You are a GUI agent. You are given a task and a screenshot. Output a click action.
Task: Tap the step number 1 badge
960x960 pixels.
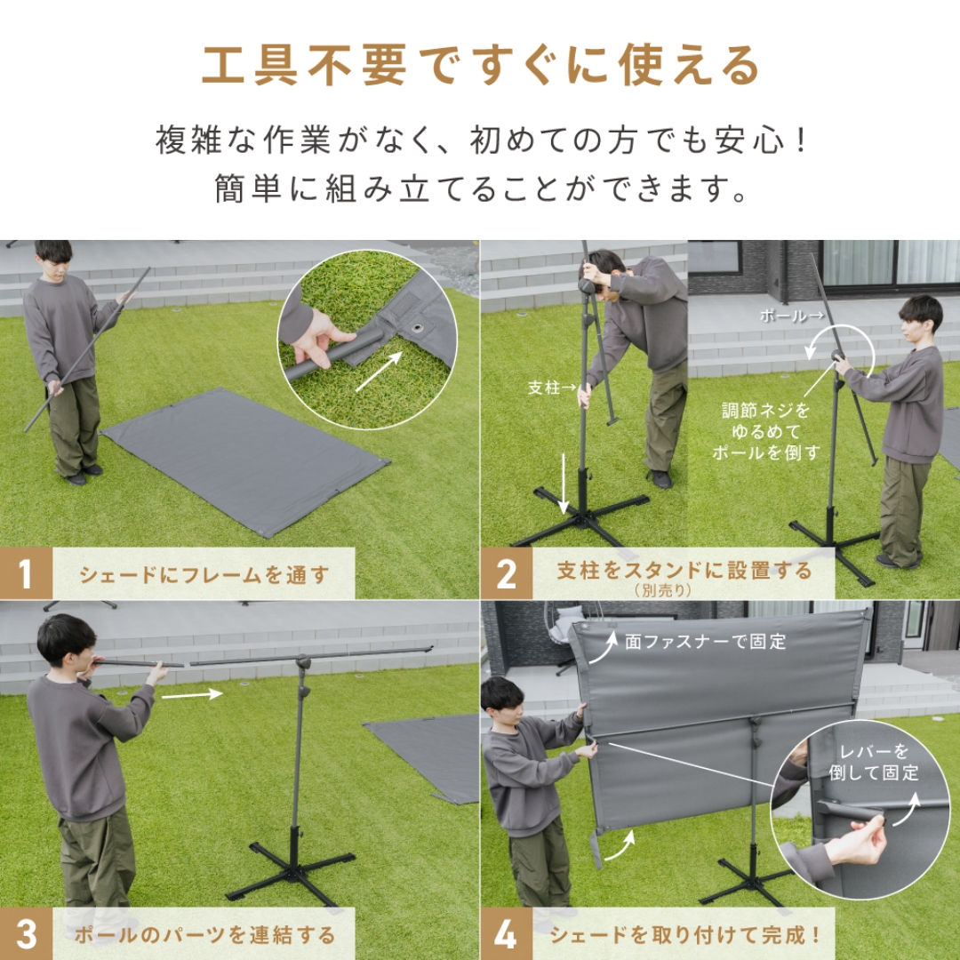(x=26, y=573)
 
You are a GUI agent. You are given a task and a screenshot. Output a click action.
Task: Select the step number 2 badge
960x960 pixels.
(x=507, y=573)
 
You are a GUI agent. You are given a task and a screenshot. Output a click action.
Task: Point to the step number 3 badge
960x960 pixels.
(x=26, y=934)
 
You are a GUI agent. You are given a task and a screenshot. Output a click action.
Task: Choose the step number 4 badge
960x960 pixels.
(x=506, y=934)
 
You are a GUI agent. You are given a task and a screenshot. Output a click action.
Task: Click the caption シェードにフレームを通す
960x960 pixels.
(x=204, y=574)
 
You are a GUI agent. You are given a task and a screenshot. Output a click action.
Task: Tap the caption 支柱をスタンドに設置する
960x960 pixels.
(x=684, y=570)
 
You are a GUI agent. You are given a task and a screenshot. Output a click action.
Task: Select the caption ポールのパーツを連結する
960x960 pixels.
(x=204, y=935)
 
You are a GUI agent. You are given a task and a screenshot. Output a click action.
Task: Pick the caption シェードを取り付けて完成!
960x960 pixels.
(x=684, y=935)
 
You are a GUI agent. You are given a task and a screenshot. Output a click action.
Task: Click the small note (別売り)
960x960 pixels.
(x=663, y=589)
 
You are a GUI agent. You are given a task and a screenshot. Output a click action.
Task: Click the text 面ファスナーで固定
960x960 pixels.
(x=706, y=642)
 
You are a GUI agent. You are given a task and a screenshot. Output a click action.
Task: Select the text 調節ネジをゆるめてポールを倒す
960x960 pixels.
(x=764, y=431)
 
